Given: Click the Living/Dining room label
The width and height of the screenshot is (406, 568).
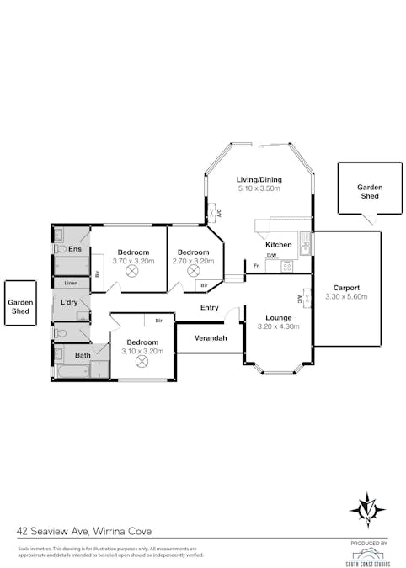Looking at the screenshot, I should [x=259, y=179].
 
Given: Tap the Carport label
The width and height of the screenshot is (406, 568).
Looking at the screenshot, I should [x=346, y=287].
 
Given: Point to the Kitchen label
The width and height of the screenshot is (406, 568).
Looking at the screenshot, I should [x=279, y=245].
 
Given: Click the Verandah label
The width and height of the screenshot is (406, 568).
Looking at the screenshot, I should [x=211, y=338].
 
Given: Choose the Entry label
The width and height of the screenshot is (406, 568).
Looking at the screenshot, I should [x=210, y=308].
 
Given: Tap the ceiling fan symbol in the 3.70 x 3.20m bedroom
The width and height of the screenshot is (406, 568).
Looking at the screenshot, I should [x=133, y=273].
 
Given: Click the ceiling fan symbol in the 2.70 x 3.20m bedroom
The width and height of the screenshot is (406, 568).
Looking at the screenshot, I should [x=193, y=273].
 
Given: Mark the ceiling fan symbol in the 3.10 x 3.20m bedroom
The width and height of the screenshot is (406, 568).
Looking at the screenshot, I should [x=142, y=361].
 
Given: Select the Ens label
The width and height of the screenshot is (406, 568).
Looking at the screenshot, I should [x=75, y=249].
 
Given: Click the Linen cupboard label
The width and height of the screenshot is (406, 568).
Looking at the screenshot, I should [x=71, y=283].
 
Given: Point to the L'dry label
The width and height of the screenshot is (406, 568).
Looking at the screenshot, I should [x=71, y=301].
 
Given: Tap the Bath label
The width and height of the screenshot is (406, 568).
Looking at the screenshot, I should [x=83, y=356].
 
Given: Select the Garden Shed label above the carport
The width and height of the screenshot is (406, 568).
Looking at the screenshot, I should [x=369, y=191].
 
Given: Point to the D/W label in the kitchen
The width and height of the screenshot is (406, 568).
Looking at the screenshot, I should [x=271, y=256].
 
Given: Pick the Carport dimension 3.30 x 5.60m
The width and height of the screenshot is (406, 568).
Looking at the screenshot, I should [x=346, y=296].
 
